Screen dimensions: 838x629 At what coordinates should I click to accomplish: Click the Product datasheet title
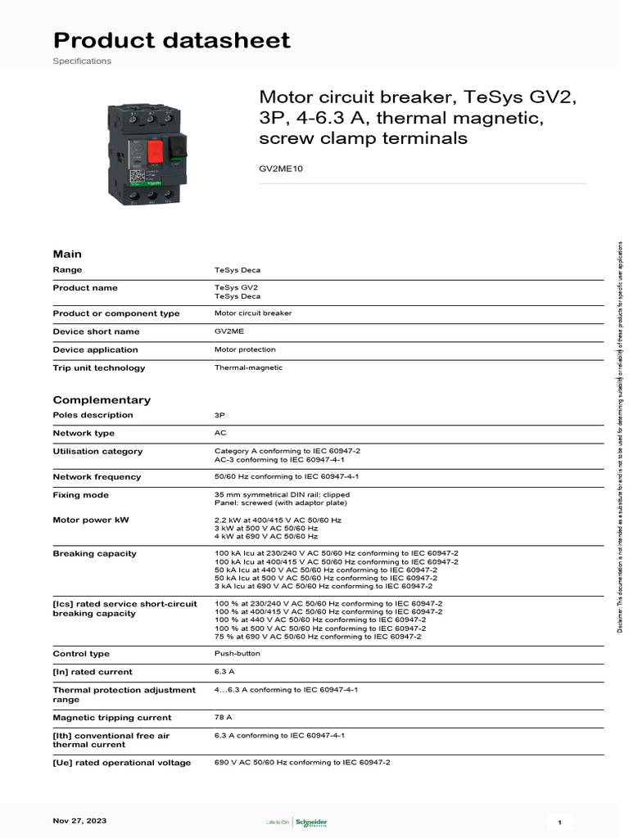click(171, 40)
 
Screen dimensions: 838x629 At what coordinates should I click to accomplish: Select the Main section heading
click(67, 254)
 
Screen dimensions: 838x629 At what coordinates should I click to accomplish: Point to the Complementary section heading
click(102, 399)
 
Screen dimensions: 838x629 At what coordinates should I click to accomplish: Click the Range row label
click(67, 269)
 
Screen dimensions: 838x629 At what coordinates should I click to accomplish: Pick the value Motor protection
click(246, 349)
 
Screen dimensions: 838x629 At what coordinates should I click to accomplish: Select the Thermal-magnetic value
click(248, 367)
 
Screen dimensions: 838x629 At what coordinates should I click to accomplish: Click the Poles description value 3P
click(219, 415)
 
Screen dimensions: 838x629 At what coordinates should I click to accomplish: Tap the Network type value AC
click(220, 433)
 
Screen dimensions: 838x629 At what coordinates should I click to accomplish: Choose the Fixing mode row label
click(80, 495)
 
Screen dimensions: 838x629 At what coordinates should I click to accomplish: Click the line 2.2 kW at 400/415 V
click(278, 520)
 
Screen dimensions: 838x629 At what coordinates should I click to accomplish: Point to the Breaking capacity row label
click(94, 554)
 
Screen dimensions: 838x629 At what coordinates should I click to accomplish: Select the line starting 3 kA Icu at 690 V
click(324, 586)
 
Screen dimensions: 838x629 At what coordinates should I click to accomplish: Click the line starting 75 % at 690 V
click(318, 636)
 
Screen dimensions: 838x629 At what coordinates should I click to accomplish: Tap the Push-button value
click(235, 654)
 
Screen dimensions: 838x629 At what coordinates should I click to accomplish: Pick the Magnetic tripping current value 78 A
click(223, 717)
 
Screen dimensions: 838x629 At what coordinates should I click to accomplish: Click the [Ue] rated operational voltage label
click(121, 763)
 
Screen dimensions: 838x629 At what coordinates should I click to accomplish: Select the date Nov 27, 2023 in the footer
click(79, 820)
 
